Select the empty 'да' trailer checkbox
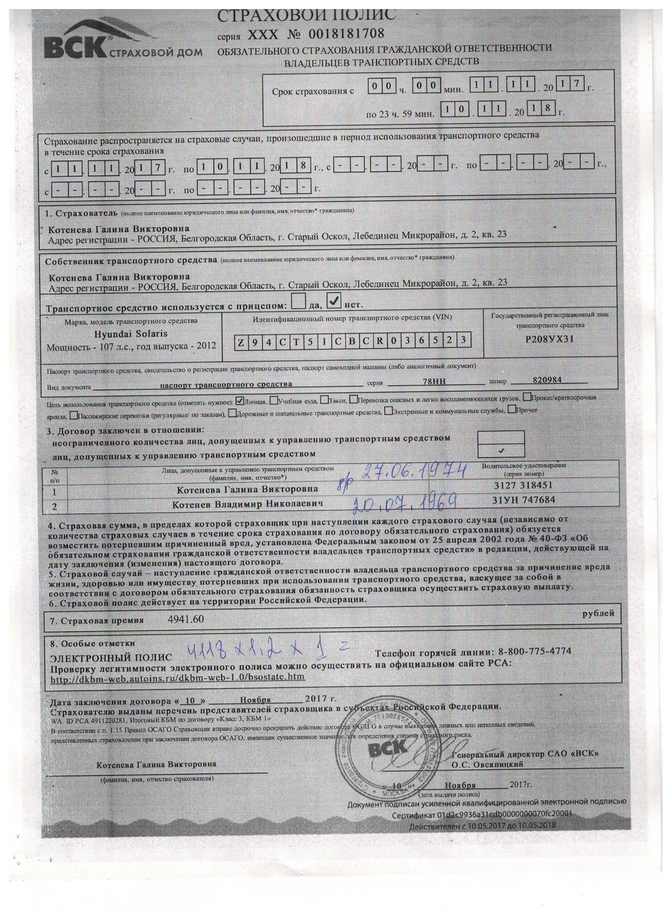tap(300, 302)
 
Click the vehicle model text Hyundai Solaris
tap(131, 333)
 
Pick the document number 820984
tap(547, 380)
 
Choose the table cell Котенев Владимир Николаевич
tap(248, 504)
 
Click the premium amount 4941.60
tap(185, 619)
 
